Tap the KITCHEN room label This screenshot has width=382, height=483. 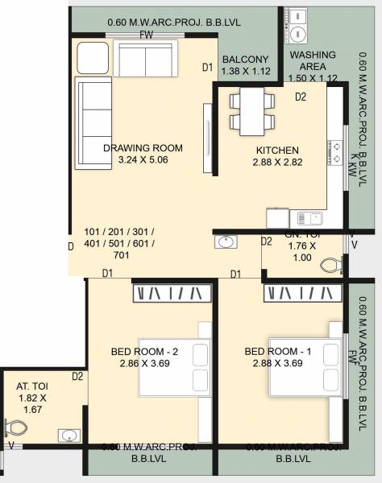pos(277,151)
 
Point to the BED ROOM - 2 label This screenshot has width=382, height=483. pos(145,352)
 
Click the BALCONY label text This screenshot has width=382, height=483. pos(245,60)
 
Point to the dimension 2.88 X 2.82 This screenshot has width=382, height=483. pos(277,163)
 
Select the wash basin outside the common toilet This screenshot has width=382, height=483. pos(226,242)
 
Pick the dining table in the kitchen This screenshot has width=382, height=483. pos(249,111)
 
